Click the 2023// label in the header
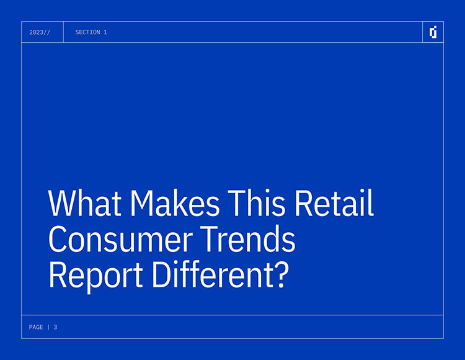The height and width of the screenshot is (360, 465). click(x=40, y=32)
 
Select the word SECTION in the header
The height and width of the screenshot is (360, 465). click(x=87, y=32)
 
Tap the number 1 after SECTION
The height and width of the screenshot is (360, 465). click(x=105, y=32)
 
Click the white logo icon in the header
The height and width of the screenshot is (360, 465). click(x=433, y=32)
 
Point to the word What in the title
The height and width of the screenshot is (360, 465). click(x=85, y=203)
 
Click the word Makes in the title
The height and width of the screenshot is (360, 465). click(x=175, y=203)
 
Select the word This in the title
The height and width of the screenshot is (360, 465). click(x=256, y=203)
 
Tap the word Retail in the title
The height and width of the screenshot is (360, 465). click(x=334, y=203)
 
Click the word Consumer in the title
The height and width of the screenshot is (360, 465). click(x=120, y=239)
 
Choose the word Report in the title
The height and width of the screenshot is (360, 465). click(x=95, y=276)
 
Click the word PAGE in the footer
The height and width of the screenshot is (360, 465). click(x=36, y=327)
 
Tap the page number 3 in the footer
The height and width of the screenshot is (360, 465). click(x=55, y=327)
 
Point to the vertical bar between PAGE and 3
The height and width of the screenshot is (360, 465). click(x=48, y=327)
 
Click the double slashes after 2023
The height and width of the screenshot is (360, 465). click(x=47, y=32)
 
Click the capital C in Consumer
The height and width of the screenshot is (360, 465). click(x=57, y=240)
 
